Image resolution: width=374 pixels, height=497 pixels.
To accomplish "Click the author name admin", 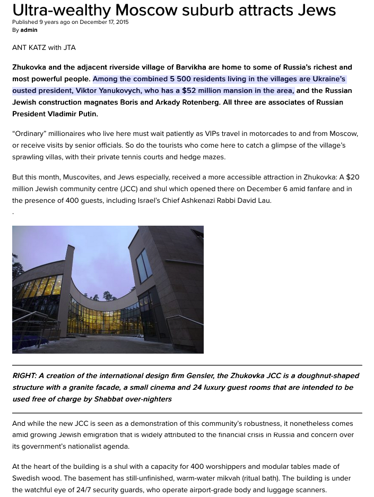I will click(29, 30).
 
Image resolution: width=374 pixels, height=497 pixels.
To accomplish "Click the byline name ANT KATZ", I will click(29, 48).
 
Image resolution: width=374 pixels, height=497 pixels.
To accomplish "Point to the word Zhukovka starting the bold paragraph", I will click(31, 67).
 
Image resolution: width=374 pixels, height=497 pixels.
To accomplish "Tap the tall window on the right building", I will click(144, 265).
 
